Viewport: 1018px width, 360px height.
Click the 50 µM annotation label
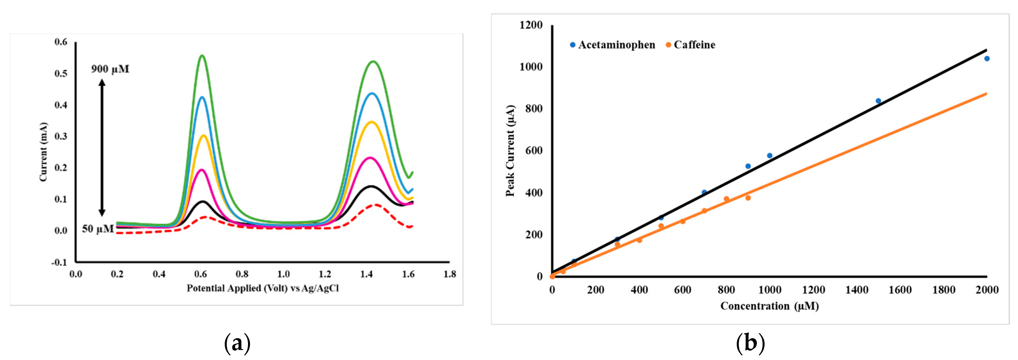(x=97, y=229)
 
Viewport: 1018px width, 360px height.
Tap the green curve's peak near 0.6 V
(x=202, y=55)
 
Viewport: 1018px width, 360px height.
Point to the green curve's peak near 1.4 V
(x=373, y=61)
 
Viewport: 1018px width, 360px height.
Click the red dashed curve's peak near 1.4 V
(x=376, y=205)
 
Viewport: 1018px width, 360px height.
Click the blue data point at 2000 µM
(x=987, y=59)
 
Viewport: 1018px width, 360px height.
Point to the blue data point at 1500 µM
(x=878, y=101)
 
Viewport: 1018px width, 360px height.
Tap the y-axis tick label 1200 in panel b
(x=531, y=25)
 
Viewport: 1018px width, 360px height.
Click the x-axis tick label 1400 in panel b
(x=857, y=290)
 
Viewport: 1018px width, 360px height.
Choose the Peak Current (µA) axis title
(x=510, y=151)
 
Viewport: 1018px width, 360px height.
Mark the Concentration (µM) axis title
(x=769, y=306)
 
